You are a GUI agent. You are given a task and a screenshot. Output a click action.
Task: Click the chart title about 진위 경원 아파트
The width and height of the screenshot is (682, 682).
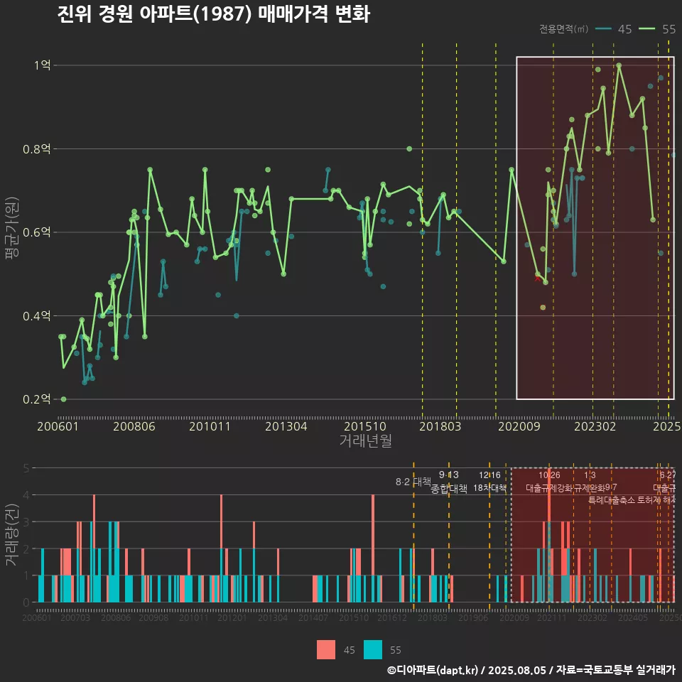[213, 15]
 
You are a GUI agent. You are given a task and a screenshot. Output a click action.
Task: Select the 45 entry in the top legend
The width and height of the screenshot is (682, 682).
[615, 29]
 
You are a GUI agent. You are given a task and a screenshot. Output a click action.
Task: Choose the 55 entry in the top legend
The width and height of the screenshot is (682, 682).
[659, 29]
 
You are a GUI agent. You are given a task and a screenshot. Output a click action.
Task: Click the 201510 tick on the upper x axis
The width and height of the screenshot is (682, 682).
[364, 427]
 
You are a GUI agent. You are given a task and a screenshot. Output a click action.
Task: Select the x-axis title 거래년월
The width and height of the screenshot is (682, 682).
[365, 441]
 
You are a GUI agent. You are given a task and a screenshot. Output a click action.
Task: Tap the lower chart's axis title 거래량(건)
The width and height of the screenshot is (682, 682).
[11, 535]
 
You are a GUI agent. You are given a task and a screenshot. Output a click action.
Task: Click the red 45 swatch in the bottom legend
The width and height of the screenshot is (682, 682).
[326, 649]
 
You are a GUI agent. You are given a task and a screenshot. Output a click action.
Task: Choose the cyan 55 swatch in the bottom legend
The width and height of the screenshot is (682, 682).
[373, 649]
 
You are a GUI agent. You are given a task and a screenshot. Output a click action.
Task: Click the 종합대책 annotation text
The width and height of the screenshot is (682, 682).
[449, 489]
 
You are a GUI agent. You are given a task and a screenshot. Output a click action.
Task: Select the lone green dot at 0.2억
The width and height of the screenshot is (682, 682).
[63, 399]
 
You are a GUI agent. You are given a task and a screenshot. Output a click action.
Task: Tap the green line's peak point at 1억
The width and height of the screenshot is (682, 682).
[619, 65]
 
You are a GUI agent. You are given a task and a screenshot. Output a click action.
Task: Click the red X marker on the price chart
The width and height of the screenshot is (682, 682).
[537, 278]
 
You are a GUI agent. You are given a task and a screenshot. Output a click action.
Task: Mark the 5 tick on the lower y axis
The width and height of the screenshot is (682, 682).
[26, 468]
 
